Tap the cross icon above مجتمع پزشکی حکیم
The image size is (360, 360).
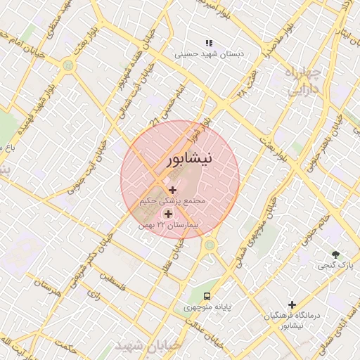point(173,189)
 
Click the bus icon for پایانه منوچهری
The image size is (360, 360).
point(207,295)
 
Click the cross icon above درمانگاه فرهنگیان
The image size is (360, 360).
point(291,304)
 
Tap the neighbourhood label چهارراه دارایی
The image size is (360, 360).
point(304,81)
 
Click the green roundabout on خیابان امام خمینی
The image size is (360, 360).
point(68,65)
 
